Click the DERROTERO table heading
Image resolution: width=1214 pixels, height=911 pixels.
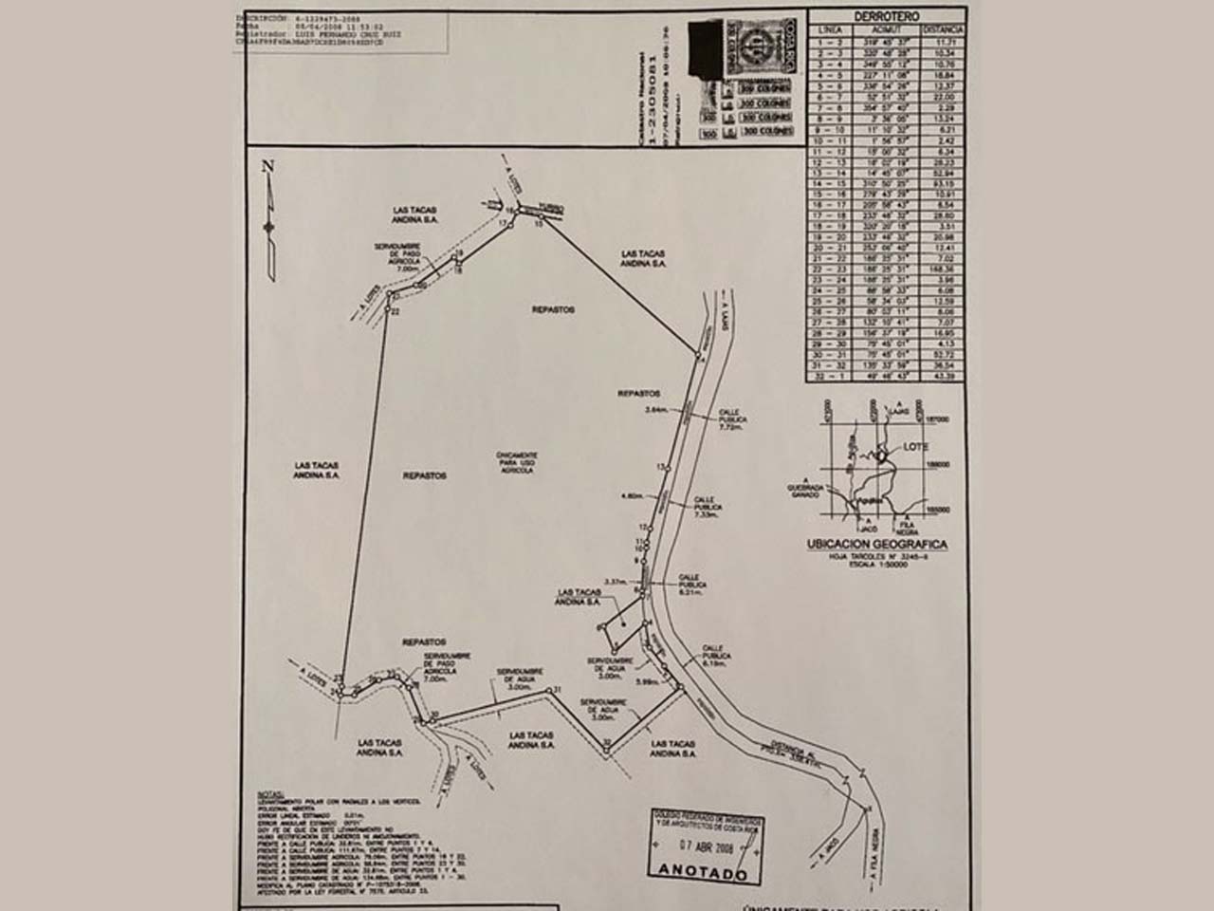(886, 16)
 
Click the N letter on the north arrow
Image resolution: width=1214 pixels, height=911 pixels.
(268, 166)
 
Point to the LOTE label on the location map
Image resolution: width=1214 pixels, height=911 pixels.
(916, 446)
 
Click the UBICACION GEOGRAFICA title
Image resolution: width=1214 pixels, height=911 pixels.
(877, 544)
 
